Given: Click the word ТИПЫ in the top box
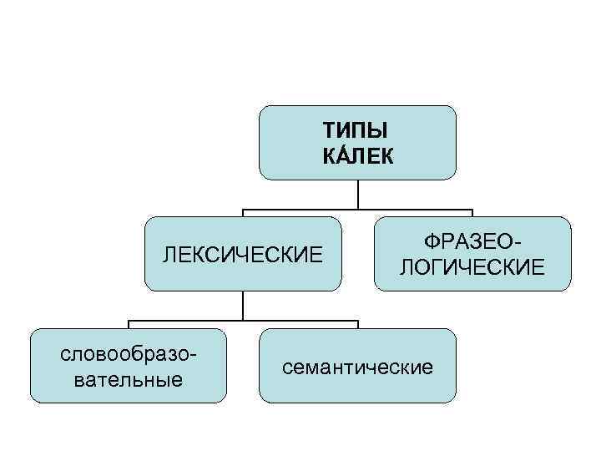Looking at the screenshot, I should point(358,131).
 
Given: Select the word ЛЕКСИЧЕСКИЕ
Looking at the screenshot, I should point(243,254).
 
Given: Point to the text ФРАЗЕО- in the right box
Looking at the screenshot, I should point(472,241).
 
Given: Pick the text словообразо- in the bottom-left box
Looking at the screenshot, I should point(129,354).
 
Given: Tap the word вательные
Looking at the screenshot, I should point(129,380).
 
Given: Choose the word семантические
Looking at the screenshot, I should point(358,367).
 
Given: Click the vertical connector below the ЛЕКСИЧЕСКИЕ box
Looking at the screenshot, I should point(243,306).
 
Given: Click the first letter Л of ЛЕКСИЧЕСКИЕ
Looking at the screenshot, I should point(170,254).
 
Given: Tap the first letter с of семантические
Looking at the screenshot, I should point(289,367).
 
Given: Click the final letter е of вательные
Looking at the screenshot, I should point(178,381).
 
